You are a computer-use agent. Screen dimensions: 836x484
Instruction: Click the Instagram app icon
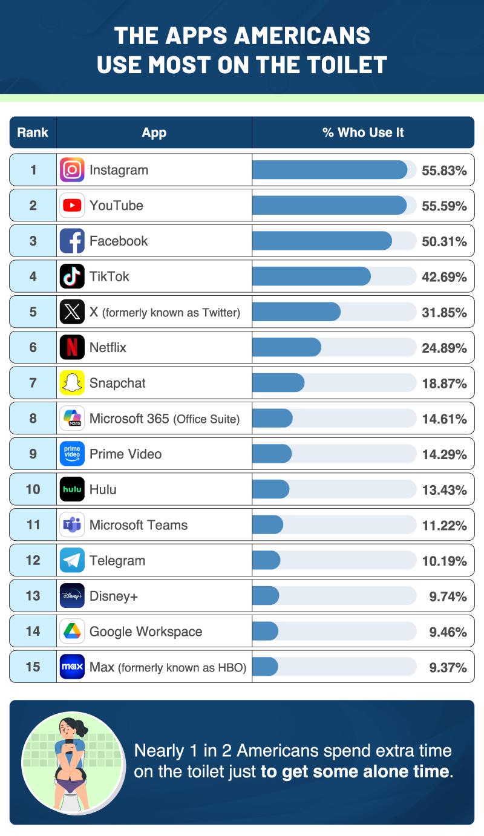click(x=72, y=170)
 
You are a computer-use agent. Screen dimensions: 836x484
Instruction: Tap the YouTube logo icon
click(x=72, y=206)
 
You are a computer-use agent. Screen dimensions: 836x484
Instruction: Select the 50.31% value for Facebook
click(x=444, y=241)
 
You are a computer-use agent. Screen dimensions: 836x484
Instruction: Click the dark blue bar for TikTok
click(x=311, y=276)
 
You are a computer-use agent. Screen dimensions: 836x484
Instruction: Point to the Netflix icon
click(x=72, y=347)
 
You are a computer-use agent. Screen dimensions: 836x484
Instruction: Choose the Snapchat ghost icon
click(x=72, y=383)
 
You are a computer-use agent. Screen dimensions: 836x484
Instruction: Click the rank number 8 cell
click(x=33, y=419)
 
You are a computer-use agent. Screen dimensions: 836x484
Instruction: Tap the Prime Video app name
click(x=125, y=454)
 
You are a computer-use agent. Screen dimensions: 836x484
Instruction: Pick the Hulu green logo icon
click(x=72, y=489)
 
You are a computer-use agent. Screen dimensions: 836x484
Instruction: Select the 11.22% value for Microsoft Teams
click(x=444, y=525)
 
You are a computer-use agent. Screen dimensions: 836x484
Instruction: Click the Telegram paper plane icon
click(x=72, y=560)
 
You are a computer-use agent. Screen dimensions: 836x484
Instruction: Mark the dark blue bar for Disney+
click(x=265, y=596)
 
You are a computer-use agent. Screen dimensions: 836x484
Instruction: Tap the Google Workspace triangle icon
click(x=72, y=632)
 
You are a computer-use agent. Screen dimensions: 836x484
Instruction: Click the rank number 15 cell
click(x=33, y=667)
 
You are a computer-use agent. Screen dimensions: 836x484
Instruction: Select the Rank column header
click(x=33, y=132)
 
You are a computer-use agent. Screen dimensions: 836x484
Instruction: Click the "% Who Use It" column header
click(x=363, y=132)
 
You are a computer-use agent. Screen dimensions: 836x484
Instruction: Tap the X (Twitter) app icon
click(x=72, y=312)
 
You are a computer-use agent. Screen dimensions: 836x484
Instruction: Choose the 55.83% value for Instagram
click(x=444, y=171)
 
